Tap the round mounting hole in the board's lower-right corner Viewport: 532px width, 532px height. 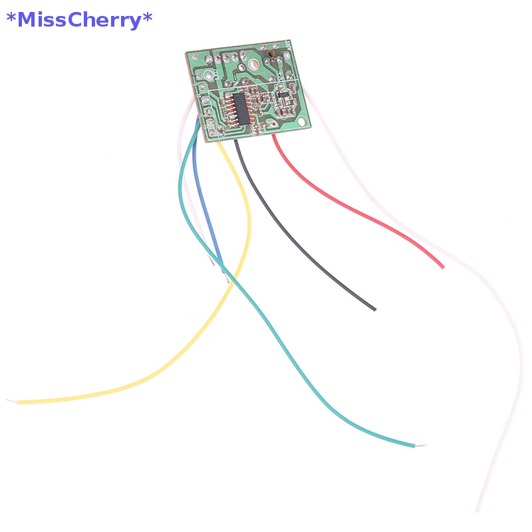coord(303,122)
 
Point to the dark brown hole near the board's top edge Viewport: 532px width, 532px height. coord(271,51)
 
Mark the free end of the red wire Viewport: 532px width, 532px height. coord(442,267)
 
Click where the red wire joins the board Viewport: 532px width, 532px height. coord(275,137)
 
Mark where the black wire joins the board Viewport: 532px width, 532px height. coord(237,140)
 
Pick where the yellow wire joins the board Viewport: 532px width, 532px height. coord(220,141)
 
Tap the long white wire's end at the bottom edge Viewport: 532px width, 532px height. coord(477,509)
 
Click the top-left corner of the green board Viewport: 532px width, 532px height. coord(186,52)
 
